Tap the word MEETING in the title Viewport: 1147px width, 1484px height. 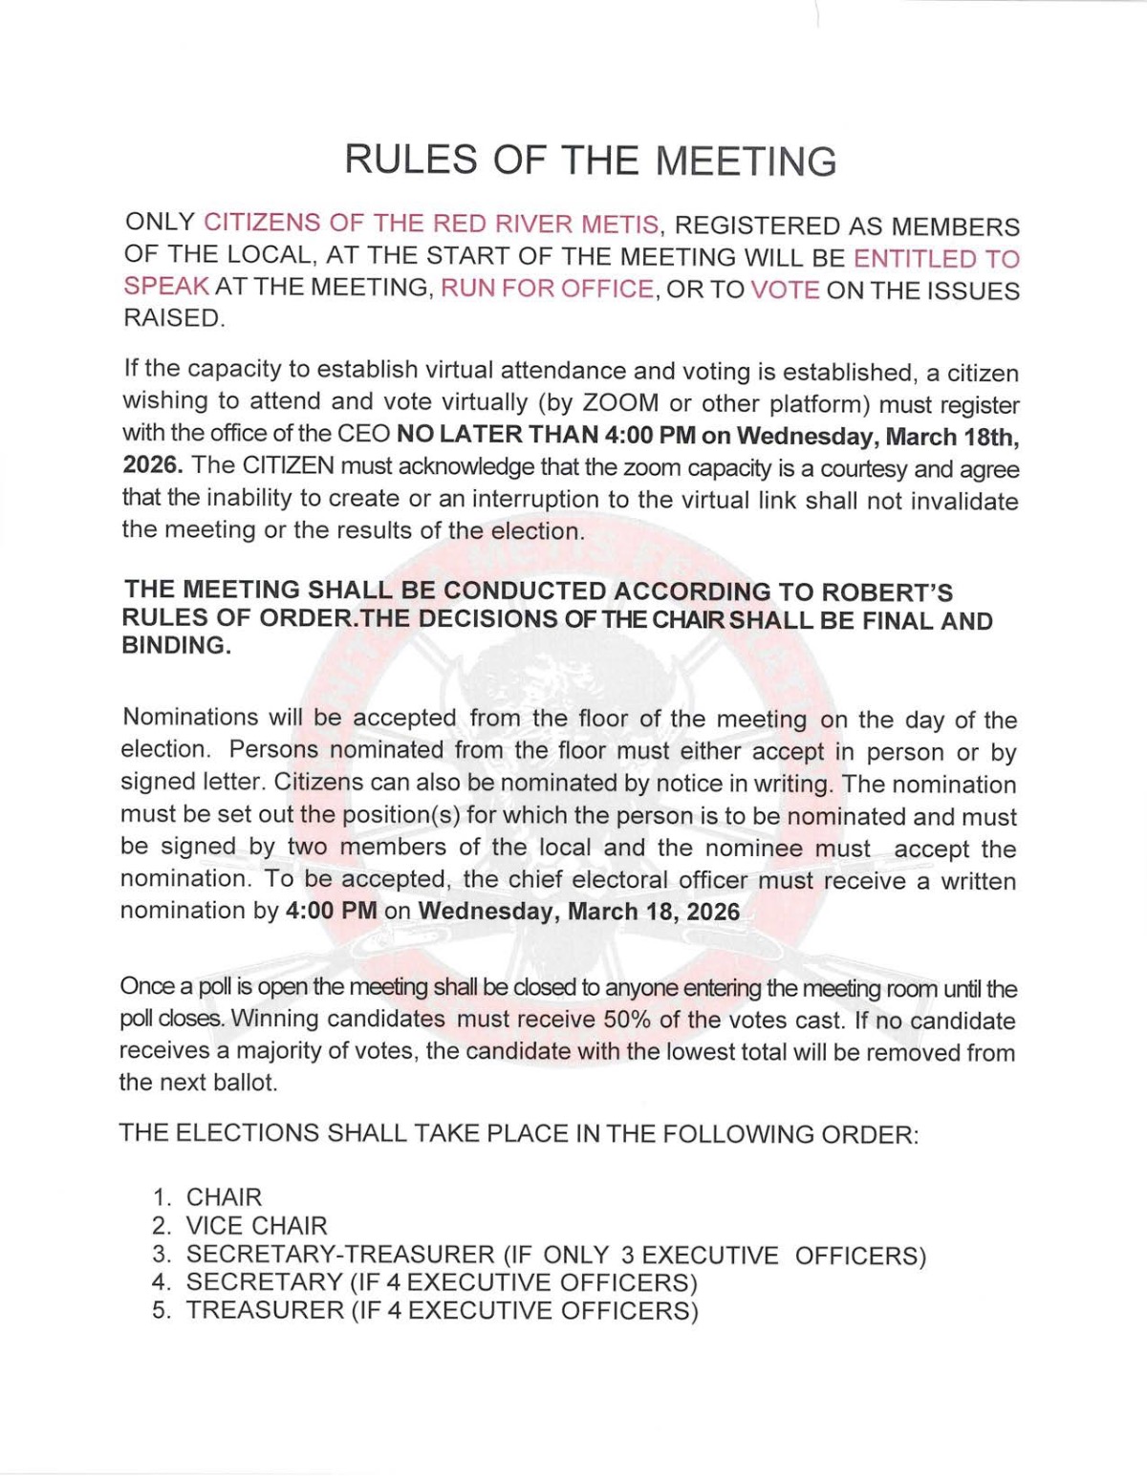747,161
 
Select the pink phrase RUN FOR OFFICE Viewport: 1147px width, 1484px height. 547,289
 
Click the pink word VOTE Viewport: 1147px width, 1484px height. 785,290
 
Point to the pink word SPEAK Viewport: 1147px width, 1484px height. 165,287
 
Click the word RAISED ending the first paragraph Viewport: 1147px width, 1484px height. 173,318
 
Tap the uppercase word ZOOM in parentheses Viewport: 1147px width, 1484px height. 621,402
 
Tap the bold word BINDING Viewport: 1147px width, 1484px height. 175,645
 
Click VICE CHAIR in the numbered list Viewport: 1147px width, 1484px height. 256,1225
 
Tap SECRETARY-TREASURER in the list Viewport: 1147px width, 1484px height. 339,1254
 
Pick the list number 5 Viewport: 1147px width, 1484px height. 162,1310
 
